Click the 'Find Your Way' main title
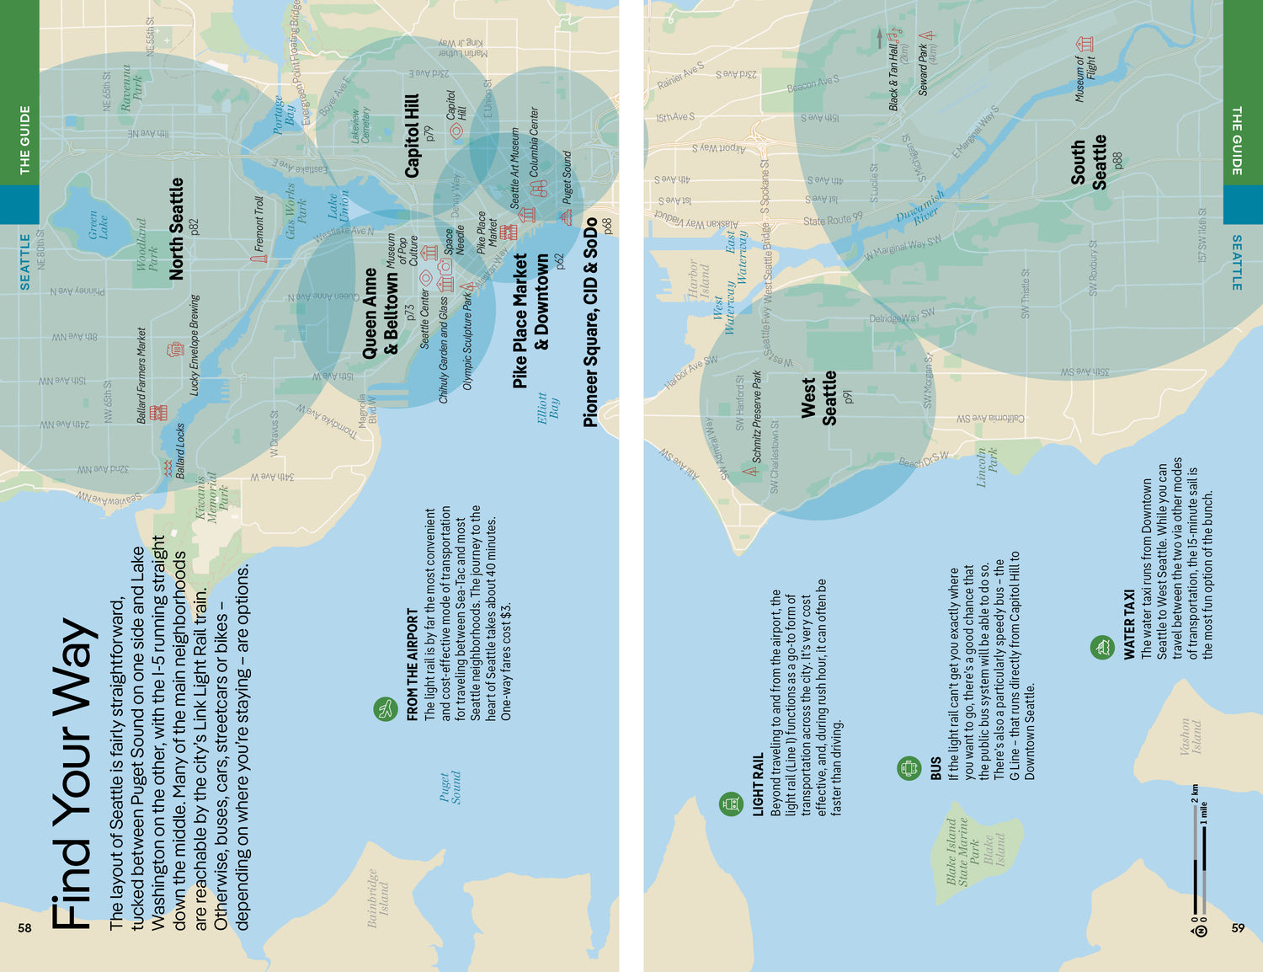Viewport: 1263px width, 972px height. click(71, 774)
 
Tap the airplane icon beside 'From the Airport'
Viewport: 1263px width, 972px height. click(386, 708)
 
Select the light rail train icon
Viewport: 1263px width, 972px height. click(731, 804)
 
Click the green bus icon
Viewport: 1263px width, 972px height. click(909, 767)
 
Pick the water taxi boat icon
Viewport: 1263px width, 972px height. click(1102, 647)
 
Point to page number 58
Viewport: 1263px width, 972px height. click(24, 927)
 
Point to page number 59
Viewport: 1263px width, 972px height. click(1238, 927)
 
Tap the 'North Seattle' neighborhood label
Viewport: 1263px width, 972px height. click(176, 228)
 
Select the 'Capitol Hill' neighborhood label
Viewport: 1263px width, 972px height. click(412, 136)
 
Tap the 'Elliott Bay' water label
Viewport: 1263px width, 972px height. click(548, 407)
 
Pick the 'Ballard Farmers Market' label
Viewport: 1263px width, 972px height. click(141, 375)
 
